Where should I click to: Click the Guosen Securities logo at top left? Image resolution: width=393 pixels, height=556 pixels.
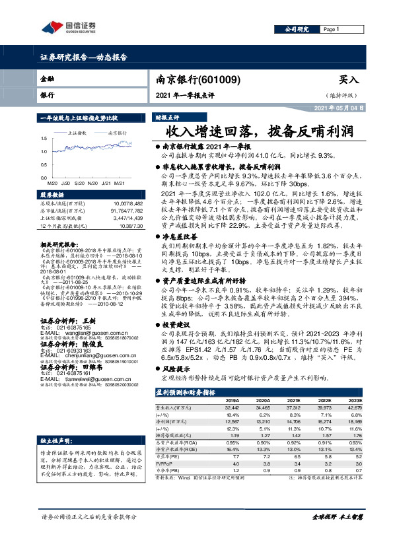(68, 28)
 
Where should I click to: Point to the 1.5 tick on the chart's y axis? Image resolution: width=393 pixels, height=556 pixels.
(43, 139)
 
